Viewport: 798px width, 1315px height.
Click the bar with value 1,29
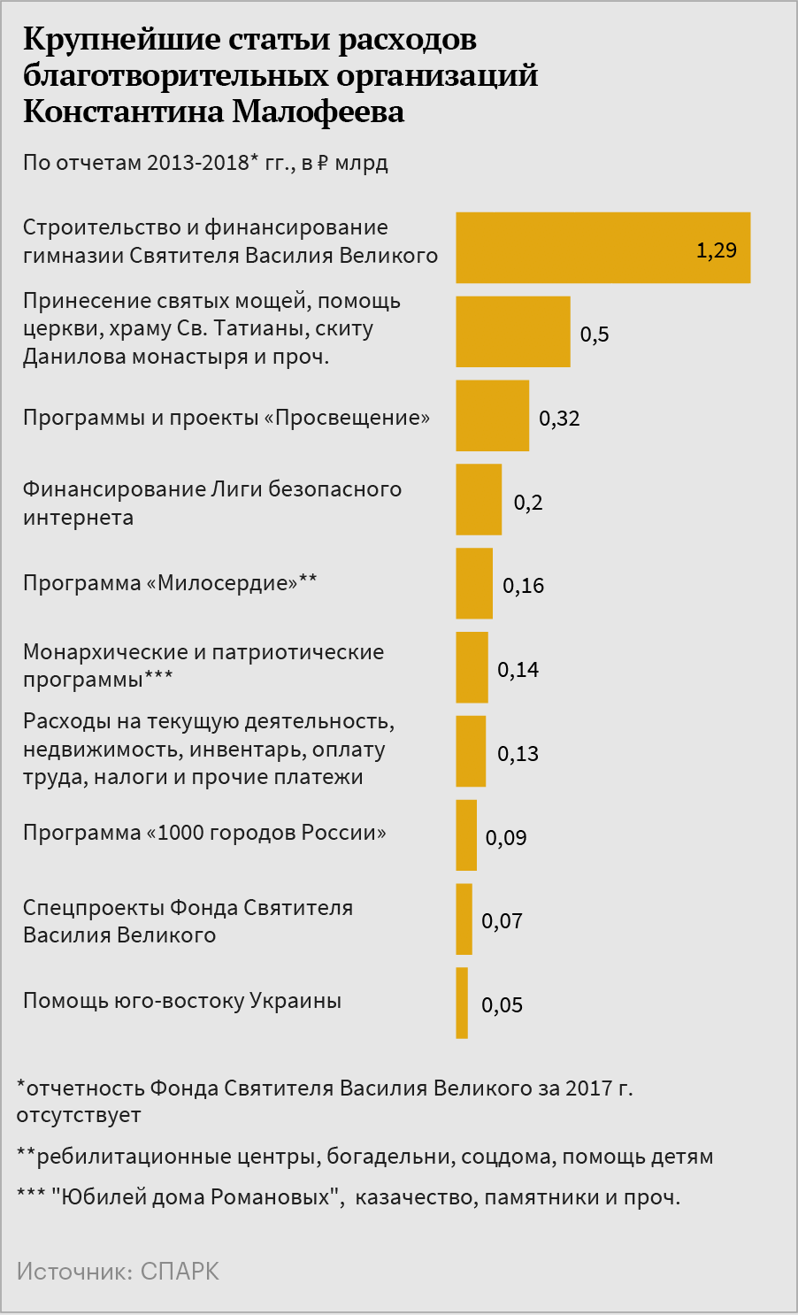pyautogui.click(x=602, y=248)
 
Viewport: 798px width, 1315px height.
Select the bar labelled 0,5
pyautogui.click(x=512, y=332)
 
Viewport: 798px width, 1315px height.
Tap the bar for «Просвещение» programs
pyautogui.click(x=492, y=416)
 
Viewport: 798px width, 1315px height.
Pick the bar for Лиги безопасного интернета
pyautogui.click(x=479, y=500)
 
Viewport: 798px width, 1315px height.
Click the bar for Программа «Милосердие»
pyautogui.click(x=474, y=583)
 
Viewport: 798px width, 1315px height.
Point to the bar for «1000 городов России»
pyautogui.click(x=466, y=835)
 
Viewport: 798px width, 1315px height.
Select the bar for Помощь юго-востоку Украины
pyautogui.click(x=462, y=1003)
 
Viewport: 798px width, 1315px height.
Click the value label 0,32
pyautogui.click(x=559, y=419)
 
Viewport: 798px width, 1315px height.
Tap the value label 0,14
pyautogui.click(x=518, y=670)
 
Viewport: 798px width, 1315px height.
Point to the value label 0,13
pyautogui.click(x=518, y=754)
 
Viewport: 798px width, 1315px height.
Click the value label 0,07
pyautogui.click(x=502, y=921)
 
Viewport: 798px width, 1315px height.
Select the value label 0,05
pyautogui.click(x=502, y=1005)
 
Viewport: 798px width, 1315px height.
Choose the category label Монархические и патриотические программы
pyautogui.click(x=203, y=665)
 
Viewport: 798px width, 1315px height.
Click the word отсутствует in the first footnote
pyautogui.click(x=79, y=1115)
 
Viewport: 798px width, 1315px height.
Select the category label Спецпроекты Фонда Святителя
pyautogui.click(x=188, y=908)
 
